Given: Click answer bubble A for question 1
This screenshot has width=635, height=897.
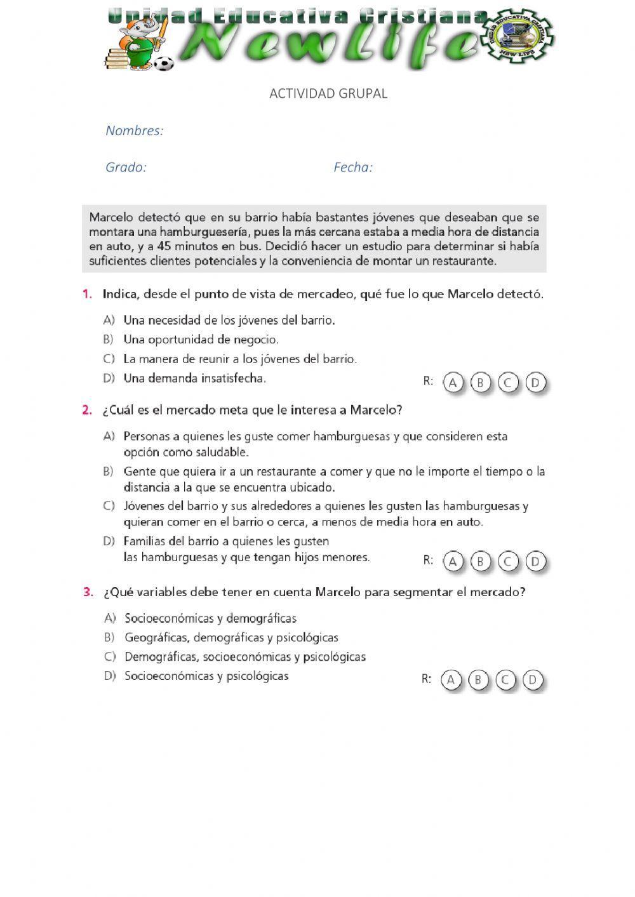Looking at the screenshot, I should [453, 383].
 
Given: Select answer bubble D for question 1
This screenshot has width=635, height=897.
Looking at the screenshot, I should [536, 383].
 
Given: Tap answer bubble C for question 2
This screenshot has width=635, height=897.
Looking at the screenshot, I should [508, 561].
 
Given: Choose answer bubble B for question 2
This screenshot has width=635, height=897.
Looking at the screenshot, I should [480, 561].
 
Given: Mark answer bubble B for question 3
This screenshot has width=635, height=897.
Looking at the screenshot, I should [478, 680].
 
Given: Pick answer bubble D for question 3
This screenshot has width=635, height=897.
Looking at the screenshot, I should [533, 680].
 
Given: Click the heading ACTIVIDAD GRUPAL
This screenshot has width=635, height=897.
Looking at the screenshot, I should [328, 93].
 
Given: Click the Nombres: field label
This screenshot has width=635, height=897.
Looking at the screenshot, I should [135, 131].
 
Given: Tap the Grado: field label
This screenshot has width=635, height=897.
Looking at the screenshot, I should [126, 168].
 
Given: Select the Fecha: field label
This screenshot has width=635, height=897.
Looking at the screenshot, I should [353, 168].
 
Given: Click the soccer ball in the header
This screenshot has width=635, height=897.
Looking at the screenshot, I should [164, 63].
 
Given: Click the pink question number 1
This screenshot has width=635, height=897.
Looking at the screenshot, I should [88, 294].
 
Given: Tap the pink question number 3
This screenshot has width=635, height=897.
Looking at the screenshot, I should [88, 592].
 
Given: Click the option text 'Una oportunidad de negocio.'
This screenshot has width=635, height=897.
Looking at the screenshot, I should [201, 340].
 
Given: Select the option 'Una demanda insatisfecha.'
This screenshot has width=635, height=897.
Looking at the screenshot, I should [194, 378].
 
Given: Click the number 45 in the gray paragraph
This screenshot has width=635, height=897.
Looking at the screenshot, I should [163, 246].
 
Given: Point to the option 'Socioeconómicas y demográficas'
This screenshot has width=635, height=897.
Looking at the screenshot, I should [210, 618].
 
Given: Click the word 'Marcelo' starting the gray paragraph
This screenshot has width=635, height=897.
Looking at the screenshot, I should [112, 218].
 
